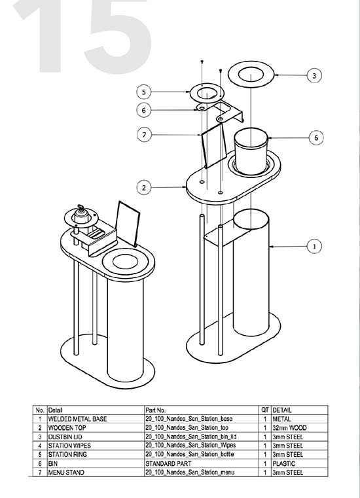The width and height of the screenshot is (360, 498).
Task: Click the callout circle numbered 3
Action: pos(314,76)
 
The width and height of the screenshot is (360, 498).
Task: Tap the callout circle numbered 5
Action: pos(144,92)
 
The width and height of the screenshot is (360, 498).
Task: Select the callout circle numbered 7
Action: pos(144,135)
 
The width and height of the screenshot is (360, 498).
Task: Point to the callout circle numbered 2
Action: pos(144,187)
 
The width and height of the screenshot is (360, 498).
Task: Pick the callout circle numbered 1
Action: pos(315,246)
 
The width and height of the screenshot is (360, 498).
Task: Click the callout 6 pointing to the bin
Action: pos(316,137)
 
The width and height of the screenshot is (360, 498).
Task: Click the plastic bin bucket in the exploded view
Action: pos(251,151)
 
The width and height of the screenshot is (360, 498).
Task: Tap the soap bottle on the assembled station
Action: pos(81,215)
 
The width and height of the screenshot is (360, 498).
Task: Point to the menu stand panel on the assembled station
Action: pos(128,223)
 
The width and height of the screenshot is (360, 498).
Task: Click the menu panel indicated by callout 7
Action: pos(213,145)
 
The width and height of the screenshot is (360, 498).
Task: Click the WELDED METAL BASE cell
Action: pos(77,419)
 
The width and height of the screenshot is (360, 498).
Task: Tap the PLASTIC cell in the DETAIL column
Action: pos(283,463)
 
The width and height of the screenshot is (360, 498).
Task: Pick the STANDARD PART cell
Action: pos(168,463)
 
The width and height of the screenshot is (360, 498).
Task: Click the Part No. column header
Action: pos(156,410)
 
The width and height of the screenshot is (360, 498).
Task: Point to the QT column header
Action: pos(265,410)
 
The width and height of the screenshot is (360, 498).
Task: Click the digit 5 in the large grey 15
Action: pos(117,37)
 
